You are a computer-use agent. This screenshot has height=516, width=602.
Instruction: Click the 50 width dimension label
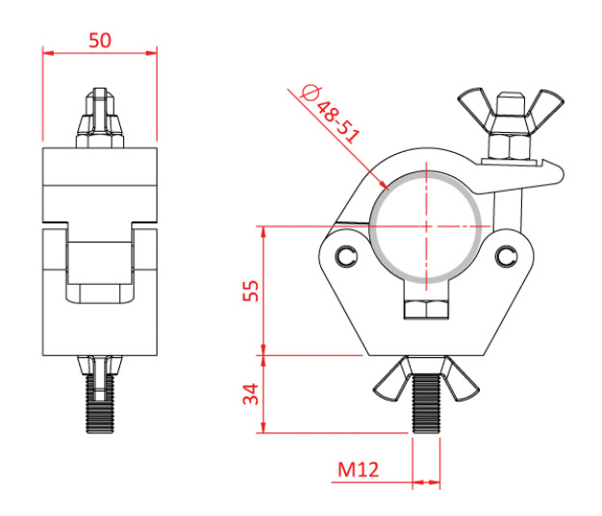coord(100,40)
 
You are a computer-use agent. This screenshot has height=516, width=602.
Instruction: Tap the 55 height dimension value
coord(251,291)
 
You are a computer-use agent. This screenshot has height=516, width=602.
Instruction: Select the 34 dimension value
coord(251,394)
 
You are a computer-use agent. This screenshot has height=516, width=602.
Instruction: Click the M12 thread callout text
coord(358,470)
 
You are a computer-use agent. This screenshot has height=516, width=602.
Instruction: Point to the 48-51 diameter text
coord(338,122)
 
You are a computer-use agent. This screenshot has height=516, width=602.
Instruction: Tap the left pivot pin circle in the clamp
coord(346,256)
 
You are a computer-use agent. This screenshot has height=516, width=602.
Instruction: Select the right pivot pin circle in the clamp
coord(507,256)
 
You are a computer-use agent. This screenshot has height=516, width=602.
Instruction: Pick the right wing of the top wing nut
coord(545,110)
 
